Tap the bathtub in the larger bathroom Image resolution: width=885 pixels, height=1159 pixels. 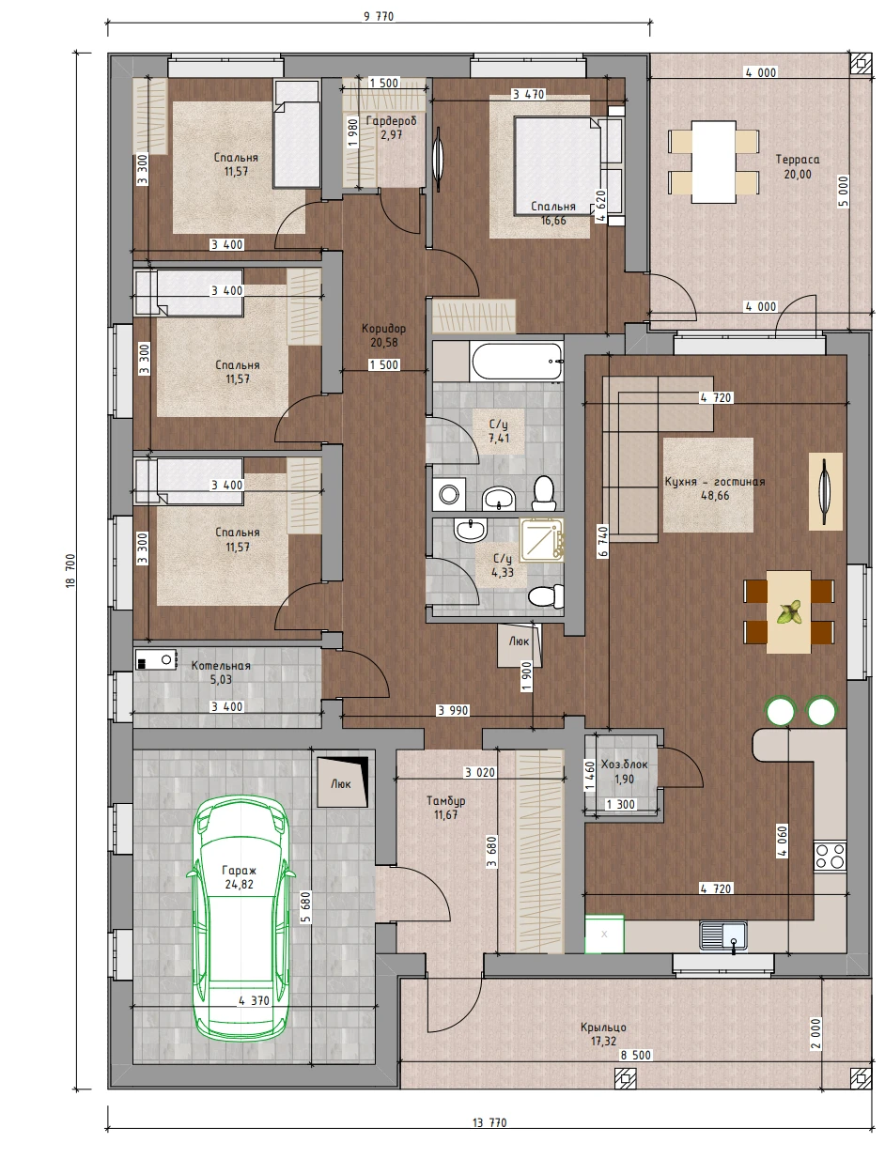[x=517, y=362]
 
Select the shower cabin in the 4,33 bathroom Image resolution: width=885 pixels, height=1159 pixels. [x=541, y=539]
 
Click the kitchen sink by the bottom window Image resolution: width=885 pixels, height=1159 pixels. [x=722, y=935]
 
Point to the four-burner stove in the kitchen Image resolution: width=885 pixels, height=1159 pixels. [x=830, y=857]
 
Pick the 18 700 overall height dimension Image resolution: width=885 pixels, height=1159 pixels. [x=70, y=571]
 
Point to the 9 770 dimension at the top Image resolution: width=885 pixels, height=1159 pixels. [x=379, y=16]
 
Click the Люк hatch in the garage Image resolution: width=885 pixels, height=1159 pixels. [x=342, y=782]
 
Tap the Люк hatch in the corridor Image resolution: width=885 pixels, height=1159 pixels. [x=520, y=644]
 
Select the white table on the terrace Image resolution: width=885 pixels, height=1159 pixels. [x=713, y=162]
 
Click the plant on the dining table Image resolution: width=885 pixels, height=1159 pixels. [x=789, y=612]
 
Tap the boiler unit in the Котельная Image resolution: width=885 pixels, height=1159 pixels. [x=155, y=659]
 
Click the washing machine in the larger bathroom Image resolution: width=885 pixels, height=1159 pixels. [x=449, y=495]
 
